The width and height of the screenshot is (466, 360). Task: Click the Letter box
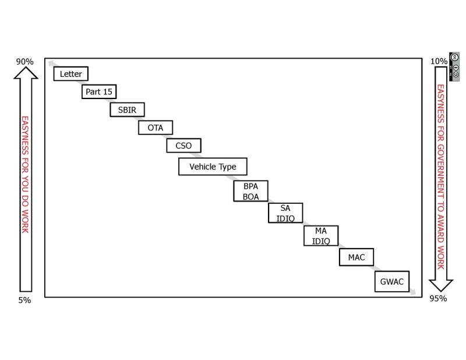point(70,74)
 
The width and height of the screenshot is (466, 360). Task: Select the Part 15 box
point(99,91)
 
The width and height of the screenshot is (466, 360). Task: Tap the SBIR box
point(127,110)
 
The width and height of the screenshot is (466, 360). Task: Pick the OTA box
point(156,128)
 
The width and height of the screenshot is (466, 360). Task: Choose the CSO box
point(183,146)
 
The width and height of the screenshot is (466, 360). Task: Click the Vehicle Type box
point(213,167)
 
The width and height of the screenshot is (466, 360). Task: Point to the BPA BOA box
point(251,191)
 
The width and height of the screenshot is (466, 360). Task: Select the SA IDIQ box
point(285,213)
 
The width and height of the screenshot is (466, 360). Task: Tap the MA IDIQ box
point(321,236)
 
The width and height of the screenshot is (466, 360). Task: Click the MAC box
point(356,257)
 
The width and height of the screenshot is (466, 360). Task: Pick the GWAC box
point(391,282)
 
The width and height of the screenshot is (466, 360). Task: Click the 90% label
point(24,62)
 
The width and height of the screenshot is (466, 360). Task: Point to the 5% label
point(24,300)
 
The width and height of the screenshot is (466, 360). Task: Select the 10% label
point(439,61)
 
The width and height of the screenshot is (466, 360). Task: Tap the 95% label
point(439,299)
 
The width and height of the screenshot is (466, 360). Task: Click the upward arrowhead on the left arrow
point(26,72)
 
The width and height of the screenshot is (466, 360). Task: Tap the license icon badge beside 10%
point(455,66)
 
